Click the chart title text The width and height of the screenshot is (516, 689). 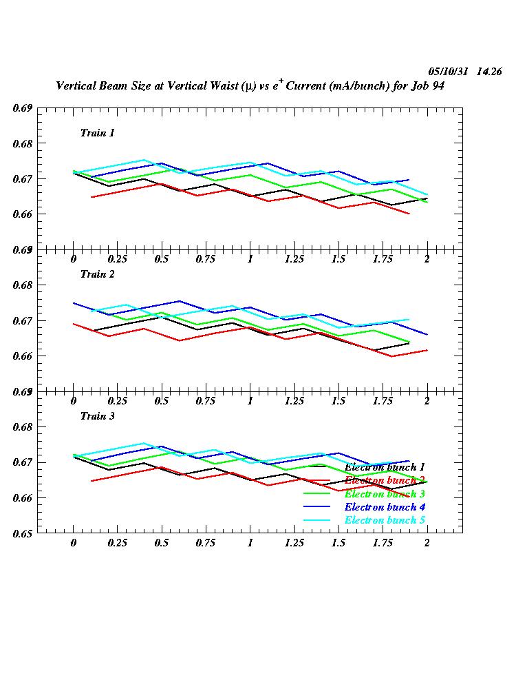tap(253, 87)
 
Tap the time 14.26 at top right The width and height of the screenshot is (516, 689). tap(488, 72)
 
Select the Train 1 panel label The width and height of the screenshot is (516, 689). tap(98, 133)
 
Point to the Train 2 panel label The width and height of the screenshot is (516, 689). tap(98, 274)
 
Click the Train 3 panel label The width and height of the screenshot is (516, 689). tap(98, 416)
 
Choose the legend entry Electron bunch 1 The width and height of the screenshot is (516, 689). tap(385, 467)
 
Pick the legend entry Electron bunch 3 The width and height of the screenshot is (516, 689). tap(385, 494)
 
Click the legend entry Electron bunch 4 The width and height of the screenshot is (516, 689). tap(385, 507)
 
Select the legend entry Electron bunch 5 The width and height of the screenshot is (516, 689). tap(385, 520)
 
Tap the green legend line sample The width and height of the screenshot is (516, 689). tap(318, 493)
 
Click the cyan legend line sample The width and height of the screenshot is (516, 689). tap(318, 520)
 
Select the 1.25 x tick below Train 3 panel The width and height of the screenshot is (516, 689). tap(294, 543)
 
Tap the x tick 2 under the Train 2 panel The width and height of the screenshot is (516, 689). tap(427, 401)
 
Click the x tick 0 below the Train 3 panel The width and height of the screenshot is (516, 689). tap(74, 543)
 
